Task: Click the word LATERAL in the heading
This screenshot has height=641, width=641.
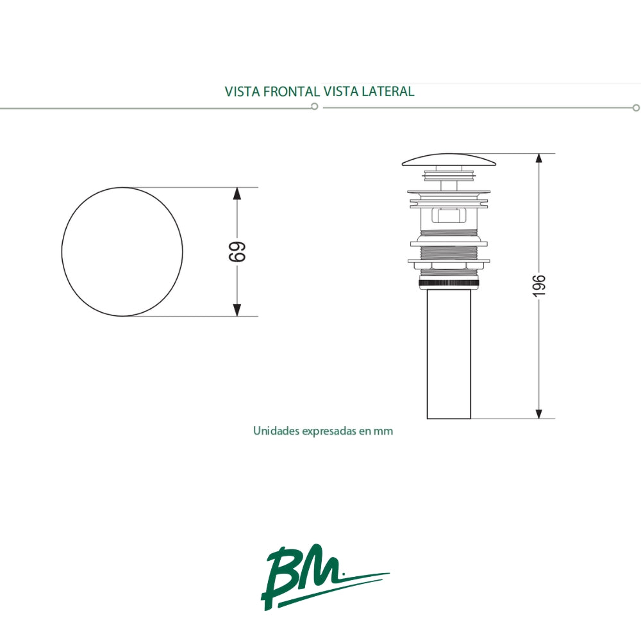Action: pos(388,91)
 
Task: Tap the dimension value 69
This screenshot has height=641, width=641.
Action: pos(237,252)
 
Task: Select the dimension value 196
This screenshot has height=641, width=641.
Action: pos(539,285)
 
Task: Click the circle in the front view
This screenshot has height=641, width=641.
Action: pos(122,252)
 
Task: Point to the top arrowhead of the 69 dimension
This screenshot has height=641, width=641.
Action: pos(237,194)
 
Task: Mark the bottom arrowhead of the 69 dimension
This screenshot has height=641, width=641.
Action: pos(237,309)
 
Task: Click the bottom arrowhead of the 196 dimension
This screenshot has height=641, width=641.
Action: pos(539,412)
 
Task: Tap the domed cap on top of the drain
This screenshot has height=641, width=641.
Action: pos(449,160)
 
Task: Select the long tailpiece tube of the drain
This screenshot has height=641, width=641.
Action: pos(449,356)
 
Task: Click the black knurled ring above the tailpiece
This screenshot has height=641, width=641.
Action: pos(449,282)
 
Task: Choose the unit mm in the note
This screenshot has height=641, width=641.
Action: pos(384,431)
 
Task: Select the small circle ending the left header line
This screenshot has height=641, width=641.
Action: pos(314,107)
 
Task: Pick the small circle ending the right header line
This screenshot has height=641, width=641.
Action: pos(636,108)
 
